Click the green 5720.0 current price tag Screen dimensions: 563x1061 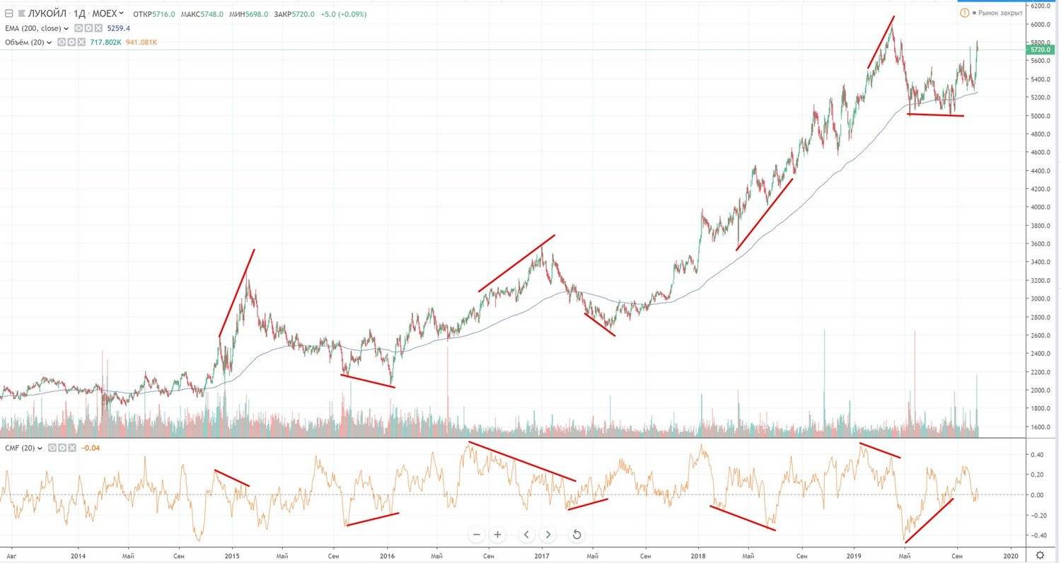click(x=1041, y=50)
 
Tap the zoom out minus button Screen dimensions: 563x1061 click(x=477, y=535)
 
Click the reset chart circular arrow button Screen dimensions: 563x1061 click(x=576, y=535)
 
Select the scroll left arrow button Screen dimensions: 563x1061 click(x=526, y=535)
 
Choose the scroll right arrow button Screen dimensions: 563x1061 click(x=548, y=535)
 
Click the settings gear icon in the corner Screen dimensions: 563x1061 click(x=1039, y=555)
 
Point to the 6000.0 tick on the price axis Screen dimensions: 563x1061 click(x=1041, y=24)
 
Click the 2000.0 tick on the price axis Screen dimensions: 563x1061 click(x=1041, y=390)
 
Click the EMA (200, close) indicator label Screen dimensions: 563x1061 click(x=34, y=28)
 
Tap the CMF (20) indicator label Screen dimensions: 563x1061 click(x=21, y=448)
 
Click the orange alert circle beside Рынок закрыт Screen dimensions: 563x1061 click(x=965, y=13)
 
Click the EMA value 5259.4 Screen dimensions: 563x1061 click(x=118, y=28)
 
